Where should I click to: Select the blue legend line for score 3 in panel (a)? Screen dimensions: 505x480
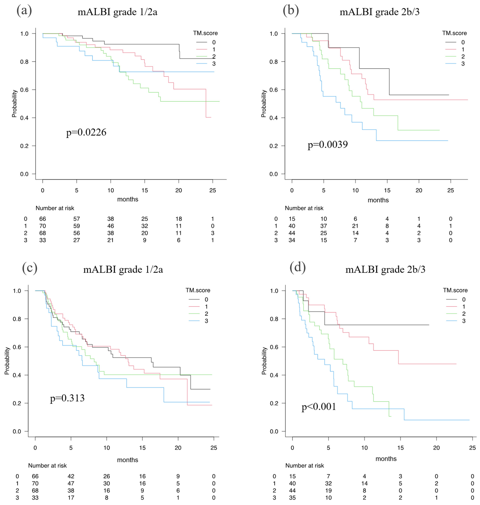pyautogui.click(x=202, y=64)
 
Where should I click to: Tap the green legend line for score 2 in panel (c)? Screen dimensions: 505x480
pyautogui.click(x=194, y=314)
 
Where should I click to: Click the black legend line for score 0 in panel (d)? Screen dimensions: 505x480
pyautogui.click(x=452, y=299)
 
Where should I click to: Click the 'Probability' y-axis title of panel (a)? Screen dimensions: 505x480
pyautogui.click(x=14, y=104)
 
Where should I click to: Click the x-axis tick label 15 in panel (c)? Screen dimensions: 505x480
pyautogui.click(x=142, y=448)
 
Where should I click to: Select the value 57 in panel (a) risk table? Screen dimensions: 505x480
pyautogui.click(x=76, y=219)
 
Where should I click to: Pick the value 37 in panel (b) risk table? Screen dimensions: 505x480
pyautogui.click(x=324, y=226)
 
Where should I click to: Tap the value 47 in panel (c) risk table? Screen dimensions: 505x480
pyautogui.click(x=71, y=483)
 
